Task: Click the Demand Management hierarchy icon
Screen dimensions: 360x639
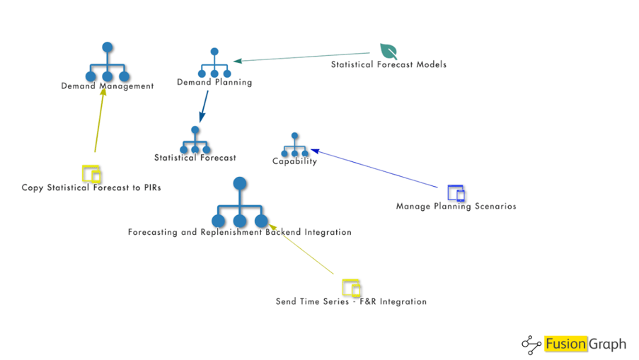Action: (x=108, y=64)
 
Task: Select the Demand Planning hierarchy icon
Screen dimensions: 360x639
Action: (x=214, y=64)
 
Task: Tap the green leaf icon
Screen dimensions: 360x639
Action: (x=388, y=52)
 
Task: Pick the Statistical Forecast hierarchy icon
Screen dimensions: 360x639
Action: (x=195, y=141)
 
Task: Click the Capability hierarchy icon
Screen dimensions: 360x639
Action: (x=294, y=146)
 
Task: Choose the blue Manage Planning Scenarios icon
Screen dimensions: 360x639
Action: (x=456, y=192)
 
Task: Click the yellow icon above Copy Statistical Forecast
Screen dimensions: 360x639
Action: (x=91, y=174)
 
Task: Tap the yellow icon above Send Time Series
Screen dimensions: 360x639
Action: (x=352, y=288)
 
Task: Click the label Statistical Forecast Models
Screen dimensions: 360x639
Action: (x=388, y=65)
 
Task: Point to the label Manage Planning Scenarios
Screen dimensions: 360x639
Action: (x=456, y=207)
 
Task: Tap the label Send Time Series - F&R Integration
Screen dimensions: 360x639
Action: (x=351, y=302)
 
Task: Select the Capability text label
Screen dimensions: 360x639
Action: (x=294, y=161)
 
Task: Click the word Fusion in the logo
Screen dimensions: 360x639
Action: (x=566, y=344)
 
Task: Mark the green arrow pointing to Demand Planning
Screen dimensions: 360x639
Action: (x=304, y=57)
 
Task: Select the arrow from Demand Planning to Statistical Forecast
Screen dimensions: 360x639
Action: (x=203, y=106)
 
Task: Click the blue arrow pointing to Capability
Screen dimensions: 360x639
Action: (x=375, y=168)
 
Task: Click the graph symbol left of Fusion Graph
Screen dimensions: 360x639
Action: (x=531, y=344)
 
